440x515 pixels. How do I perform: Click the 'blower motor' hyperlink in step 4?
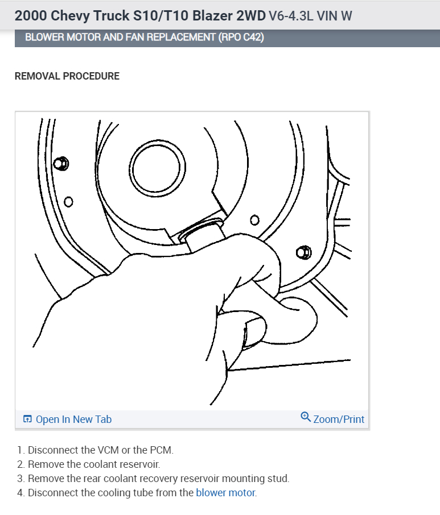[225, 493]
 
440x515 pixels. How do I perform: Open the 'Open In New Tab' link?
[73, 420]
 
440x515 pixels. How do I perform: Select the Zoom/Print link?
[339, 420]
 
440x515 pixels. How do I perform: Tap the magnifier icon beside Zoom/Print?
[306, 417]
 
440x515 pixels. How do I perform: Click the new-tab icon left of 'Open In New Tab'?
[28, 419]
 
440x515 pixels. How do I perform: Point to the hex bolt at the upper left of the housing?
[61, 163]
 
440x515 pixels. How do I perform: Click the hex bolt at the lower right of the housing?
[303, 252]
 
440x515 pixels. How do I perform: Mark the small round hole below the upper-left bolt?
[68, 202]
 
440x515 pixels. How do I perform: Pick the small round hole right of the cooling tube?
[254, 220]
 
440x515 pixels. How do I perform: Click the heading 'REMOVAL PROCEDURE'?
[67, 76]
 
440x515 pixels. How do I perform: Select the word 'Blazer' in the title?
[212, 16]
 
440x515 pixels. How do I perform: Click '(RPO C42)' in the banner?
[241, 37]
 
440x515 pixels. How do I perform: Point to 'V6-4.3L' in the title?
[291, 16]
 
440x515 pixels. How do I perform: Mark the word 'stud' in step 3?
[278, 479]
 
